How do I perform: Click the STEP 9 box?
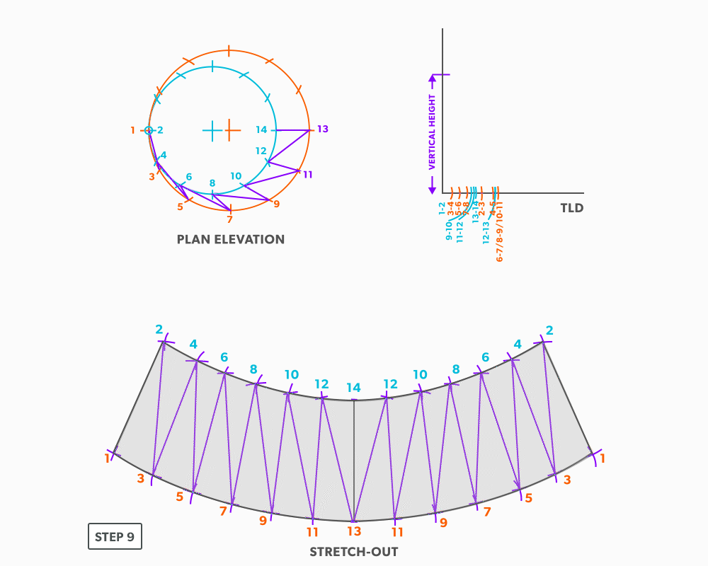point(115,536)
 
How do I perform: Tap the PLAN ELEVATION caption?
point(231,239)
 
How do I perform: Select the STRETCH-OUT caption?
point(353,552)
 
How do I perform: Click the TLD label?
point(571,208)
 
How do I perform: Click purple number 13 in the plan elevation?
point(323,129)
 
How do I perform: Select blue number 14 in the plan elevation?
point(262,130)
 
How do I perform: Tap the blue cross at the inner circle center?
point(212,130)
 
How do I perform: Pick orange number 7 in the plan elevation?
point(229,220)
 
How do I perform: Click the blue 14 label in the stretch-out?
point(353,388)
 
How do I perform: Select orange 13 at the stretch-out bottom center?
point(353,531)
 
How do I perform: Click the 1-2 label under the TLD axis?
point(442,208)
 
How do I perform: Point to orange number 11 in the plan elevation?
point(307,174)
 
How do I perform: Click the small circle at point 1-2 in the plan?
point(149,130)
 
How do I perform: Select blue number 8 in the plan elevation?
point(212,183)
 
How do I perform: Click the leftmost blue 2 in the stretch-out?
point(159,330)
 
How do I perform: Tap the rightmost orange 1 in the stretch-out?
point(603,458)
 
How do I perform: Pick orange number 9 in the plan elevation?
point(276,204)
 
